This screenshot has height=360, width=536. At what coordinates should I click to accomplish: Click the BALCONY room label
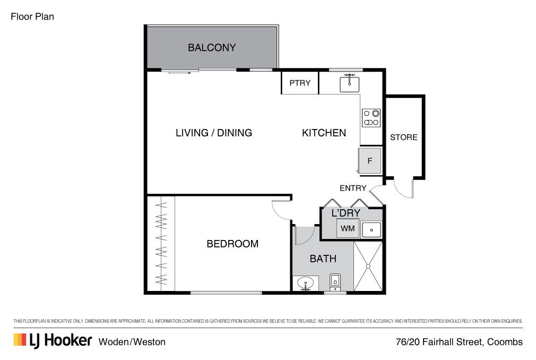click(212, 48)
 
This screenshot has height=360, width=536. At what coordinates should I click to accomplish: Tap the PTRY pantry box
click(300, 83)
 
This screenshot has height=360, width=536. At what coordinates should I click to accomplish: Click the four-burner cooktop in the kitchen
click(371, 118)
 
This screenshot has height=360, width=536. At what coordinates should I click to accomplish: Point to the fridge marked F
click(370, 160)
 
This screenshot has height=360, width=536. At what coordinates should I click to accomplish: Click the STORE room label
click(404, 137)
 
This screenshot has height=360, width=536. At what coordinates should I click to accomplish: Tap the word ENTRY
click(353, 188)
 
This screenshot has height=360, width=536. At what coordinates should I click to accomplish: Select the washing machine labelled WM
click(348, 228)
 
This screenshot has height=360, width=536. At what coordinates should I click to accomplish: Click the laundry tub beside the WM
click(371, 230)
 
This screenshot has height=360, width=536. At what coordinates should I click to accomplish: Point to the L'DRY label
click(345, 213)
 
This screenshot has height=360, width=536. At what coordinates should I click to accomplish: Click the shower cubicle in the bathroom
click(368, 265)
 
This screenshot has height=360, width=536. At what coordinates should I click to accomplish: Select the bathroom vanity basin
click(306, 283)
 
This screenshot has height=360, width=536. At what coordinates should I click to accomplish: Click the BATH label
click(323, 259)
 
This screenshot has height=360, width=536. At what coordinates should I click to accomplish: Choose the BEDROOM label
click(232, 244)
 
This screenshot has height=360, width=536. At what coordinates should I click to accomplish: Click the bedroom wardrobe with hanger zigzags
click(161, 244)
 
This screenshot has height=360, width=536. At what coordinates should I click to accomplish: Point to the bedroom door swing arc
click(280, 211)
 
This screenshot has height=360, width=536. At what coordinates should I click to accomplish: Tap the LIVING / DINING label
click(213, 133)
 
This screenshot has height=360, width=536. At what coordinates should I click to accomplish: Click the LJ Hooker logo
click(53, 340)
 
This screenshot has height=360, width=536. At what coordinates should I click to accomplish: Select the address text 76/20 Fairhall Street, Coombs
click(459, 342)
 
